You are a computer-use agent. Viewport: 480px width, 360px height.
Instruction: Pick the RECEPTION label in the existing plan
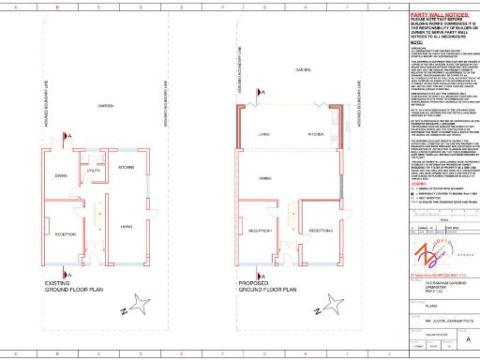(67, 233)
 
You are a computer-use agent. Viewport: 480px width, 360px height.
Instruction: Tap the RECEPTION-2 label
(322, 231)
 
